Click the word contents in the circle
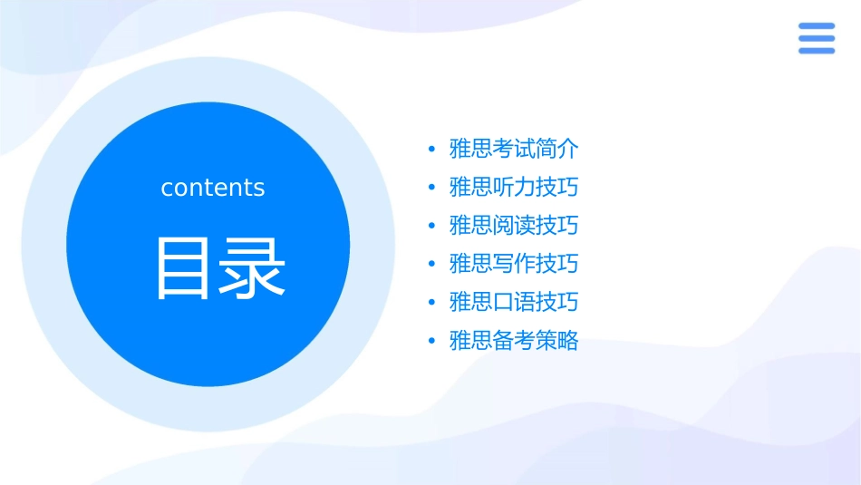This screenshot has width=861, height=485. click(x=213, y=188)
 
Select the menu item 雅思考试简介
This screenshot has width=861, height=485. click(x=514, y=149)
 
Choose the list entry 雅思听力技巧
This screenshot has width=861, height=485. click(x=514, y=188)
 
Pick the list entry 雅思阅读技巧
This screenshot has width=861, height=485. click(x=514, y=226)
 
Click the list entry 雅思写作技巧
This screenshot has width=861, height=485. click(x=514, y=265)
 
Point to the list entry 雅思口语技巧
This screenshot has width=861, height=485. click(x=514, y=303)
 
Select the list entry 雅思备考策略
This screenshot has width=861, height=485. click(x=514, y=342)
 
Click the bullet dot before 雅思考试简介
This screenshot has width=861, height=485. click(x=431, y=150)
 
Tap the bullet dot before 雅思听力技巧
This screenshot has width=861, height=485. click(x=431, y=188)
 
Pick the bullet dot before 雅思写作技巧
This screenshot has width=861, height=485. click(x=431, y=265)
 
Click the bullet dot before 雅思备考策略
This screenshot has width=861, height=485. click(x=431, y=342)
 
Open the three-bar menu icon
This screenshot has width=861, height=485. click(x=817, y=38)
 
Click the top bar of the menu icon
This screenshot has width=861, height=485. click(x=817, y=26)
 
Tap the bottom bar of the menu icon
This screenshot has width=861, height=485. click(x=817, y=50)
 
